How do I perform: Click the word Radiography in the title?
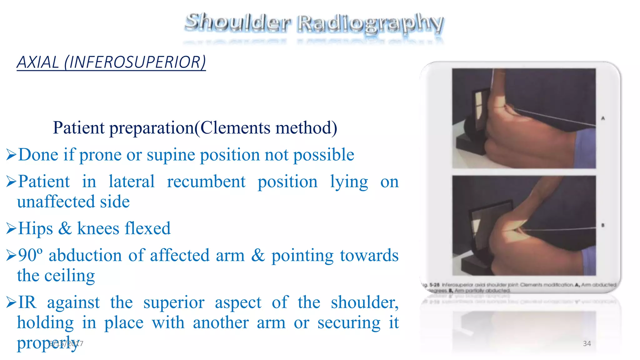370,23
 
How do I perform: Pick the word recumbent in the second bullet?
206,182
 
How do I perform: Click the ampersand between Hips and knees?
65,228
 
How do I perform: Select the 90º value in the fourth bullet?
30,255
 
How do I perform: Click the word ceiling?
69,276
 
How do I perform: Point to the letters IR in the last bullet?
27,302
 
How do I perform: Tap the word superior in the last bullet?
174,302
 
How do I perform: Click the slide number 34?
587,343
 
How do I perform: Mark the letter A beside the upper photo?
603,118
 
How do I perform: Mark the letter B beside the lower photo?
603,225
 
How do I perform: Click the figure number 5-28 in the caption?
434,285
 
